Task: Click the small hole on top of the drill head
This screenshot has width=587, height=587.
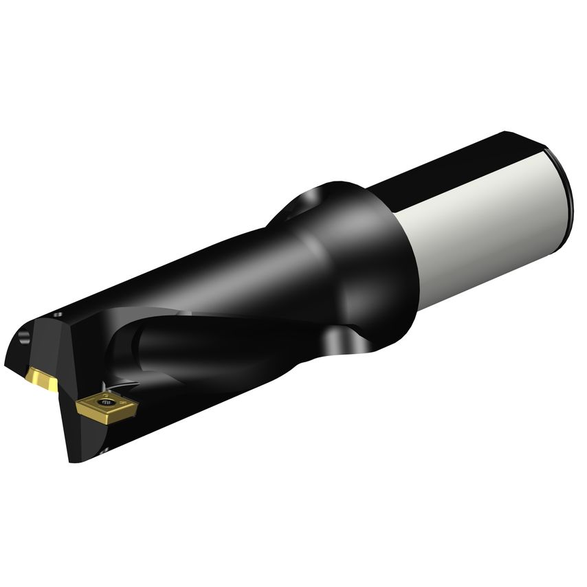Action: pos(58,315)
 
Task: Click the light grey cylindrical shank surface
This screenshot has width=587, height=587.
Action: pos(481,234)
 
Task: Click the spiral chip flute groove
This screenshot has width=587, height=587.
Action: pos(206,344)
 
